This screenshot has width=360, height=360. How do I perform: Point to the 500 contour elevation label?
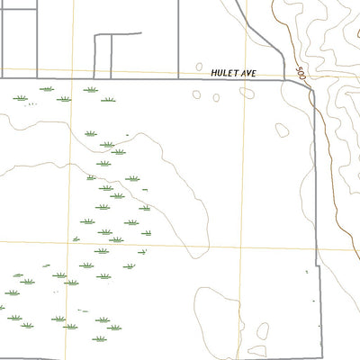tap(301, 73)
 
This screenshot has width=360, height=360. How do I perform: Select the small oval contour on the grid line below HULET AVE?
tap(282, 130)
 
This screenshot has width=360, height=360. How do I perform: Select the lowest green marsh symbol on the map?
tap(114, 328)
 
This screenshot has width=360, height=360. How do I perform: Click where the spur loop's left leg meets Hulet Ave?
tap(95, 78)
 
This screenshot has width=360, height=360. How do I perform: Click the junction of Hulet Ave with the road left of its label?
tap(177, 79)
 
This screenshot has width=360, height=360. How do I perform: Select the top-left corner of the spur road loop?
tap(95, 36)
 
